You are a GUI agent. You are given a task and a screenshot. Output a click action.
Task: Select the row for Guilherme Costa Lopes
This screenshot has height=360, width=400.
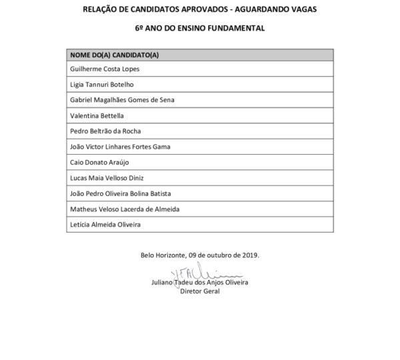(105, 69)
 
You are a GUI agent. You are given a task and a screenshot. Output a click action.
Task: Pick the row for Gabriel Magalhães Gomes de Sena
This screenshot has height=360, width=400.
(123, 99)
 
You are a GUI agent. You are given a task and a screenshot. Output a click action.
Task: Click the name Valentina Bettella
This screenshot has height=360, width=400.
(97, 115)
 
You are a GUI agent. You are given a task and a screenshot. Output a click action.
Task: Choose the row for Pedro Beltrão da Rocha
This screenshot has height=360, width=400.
(105, 131)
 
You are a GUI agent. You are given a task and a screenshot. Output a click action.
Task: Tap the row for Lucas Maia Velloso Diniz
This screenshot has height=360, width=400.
(107, 178)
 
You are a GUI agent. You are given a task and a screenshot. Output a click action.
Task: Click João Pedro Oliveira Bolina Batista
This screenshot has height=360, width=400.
(121, 193)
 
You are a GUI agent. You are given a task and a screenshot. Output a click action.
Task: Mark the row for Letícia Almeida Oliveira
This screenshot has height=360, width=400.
(105, 225)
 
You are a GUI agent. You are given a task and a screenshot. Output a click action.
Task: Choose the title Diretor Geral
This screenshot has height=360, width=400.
(200, 291)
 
